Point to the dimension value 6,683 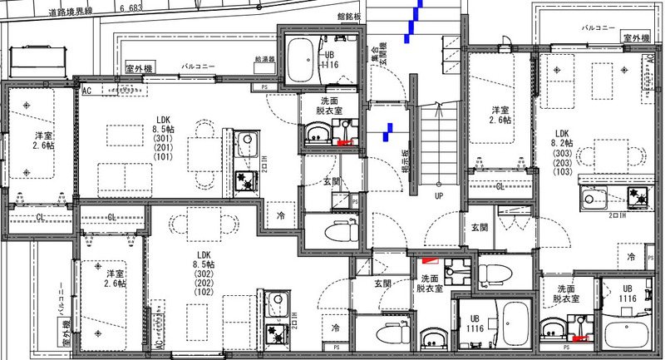[132, 7]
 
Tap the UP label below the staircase [437, 197]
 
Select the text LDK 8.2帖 [562, 138]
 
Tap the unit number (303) [562, 154]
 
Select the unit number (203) [562, 164]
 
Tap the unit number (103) [562, 174]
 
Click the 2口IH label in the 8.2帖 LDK [617, 214]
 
